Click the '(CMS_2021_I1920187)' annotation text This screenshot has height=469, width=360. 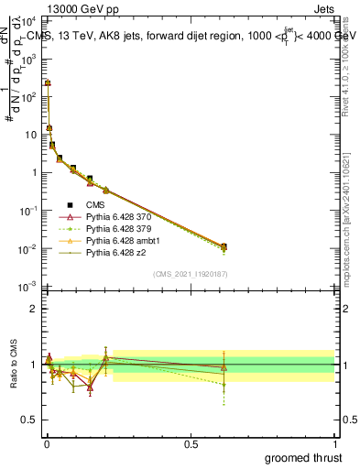(x=190, y=274)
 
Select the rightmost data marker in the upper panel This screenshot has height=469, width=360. (x=224, y=246)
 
